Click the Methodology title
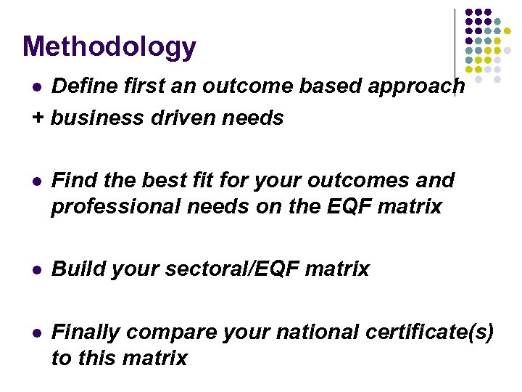coord(109,47)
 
